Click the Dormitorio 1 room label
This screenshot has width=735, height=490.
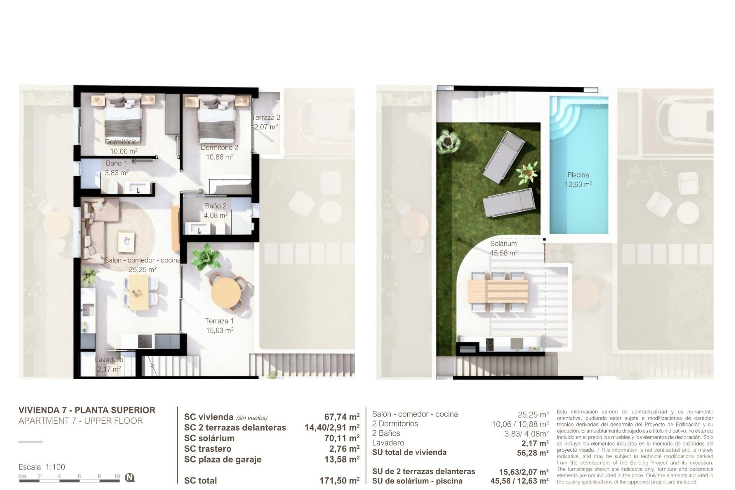[x=123, y=142]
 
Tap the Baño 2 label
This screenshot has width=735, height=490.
[x=216, y=206]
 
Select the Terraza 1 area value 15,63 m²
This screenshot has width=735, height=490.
[x=219, y=330]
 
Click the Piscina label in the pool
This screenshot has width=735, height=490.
[x=578, y=175]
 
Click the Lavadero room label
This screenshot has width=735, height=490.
[x=109, y=360]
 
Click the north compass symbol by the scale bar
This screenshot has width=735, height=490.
[x=130, y=477]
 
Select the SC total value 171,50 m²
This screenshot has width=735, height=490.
[x=339, y=480]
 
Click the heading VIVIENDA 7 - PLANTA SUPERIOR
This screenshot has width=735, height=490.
[x=87, y=410]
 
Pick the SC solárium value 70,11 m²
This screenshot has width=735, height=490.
[x=341, y=438]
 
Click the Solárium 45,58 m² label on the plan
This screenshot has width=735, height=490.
[x=503, y=248]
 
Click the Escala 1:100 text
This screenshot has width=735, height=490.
[x=42, y=467]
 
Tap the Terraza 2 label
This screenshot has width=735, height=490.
[x=266, y=118]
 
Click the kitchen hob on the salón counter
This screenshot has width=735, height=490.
[x=145, y=341]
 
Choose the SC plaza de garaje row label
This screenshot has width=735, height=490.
[x=222, y=459]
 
